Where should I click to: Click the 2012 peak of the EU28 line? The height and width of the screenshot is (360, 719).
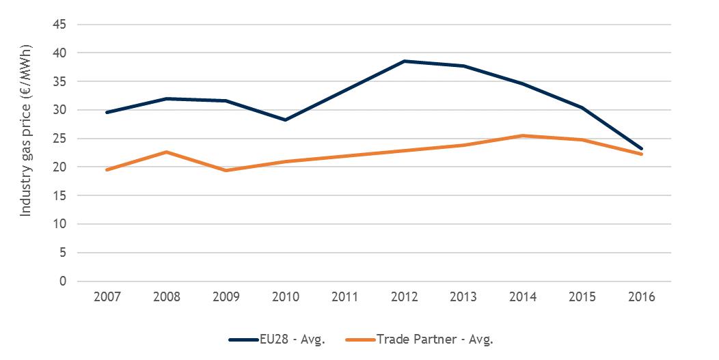click(405, 61)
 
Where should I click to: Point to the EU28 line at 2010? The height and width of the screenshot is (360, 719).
click(286, 120)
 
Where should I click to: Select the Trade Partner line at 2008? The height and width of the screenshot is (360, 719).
click(167, 152)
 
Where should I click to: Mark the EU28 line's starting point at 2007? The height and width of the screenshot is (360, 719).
click(107, 112)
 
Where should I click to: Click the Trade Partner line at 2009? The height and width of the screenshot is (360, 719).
click(226, 170)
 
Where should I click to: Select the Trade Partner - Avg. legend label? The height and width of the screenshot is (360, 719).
click(435, 339)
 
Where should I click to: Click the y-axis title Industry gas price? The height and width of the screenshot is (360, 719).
click(25, 152)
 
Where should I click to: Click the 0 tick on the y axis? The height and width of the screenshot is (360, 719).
click(63, 281)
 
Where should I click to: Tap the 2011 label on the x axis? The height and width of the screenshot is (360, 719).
click(345, 297)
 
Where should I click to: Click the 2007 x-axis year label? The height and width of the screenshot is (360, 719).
click(107, 297)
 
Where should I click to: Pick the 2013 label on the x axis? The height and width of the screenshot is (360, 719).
click(464, 297)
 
